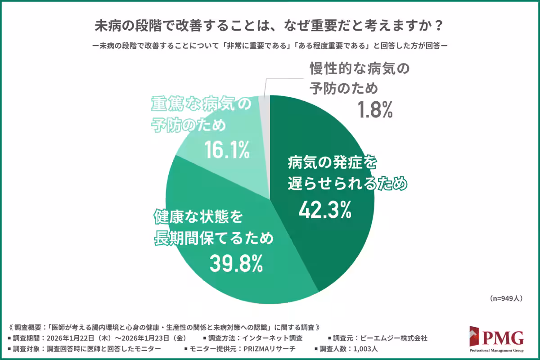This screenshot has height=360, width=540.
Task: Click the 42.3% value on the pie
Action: (x=325, y=210)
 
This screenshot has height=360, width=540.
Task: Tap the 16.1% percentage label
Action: (x=226, y=150)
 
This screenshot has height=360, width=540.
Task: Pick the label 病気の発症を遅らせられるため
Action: (x=346, y=173)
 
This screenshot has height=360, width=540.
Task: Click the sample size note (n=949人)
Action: (x=505, y=298)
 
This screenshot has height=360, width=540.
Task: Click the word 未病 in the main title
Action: (x=106, y=26)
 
